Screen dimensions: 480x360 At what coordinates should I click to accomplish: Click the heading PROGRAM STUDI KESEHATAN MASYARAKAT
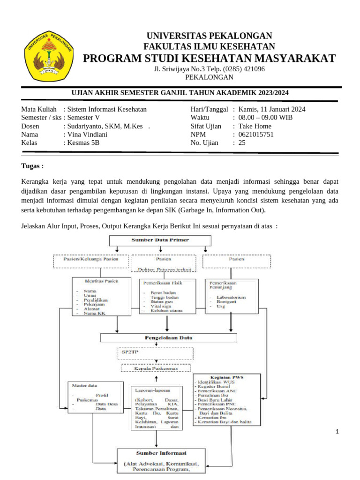pyautogui.click(x=209, y=58)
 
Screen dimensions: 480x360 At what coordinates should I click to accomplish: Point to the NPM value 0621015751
pyautogui.click(x=256, y=135)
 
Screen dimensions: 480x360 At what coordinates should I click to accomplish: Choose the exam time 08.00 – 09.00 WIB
pyautogui.click(x=265, y=118)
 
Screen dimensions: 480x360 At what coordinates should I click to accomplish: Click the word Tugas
pyautogui.click(x=32, y=166)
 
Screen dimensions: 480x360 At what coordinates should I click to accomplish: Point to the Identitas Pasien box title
pyautogui.click(x=101, y=281)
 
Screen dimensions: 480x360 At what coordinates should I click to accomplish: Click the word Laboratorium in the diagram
pyautogui.click(x=228, y=297)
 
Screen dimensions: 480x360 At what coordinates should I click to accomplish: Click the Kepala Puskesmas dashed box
pyautogui.click(x=156, y=368)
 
